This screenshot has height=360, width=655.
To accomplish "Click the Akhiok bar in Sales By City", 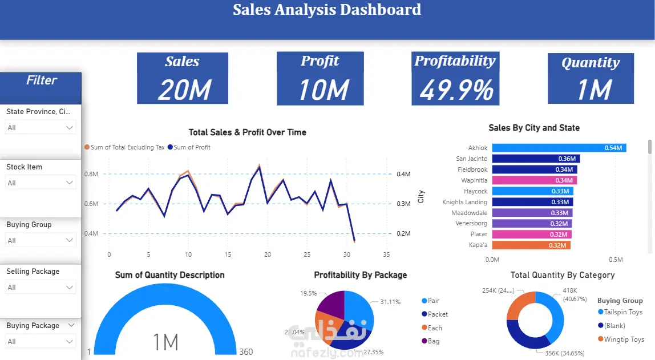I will point(559,148).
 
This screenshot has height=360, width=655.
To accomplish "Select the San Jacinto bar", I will point(535,159).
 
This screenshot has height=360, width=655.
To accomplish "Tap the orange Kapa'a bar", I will point(531,245).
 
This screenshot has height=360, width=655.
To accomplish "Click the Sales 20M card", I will point(183,78).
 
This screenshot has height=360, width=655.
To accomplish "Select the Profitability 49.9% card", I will point(455,78).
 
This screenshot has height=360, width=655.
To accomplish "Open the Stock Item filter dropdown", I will point(41,183).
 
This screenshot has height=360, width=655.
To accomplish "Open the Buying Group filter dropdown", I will point(41,241).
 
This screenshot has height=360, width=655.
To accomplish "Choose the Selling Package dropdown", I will point(41,288).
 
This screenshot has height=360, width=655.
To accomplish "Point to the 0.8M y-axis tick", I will point(92,174).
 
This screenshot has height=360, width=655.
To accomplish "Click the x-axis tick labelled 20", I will point(268,254).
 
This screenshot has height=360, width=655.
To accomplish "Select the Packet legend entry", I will point(438,314).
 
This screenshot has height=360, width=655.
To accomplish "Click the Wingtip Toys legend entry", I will point(621,339).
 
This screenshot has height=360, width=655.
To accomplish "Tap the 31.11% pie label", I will point(390,302).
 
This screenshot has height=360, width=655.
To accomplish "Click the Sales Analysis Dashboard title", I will point(327,10).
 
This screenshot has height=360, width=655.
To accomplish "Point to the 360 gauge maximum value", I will point(246,351).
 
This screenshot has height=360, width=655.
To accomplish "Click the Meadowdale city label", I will point(469,213).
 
